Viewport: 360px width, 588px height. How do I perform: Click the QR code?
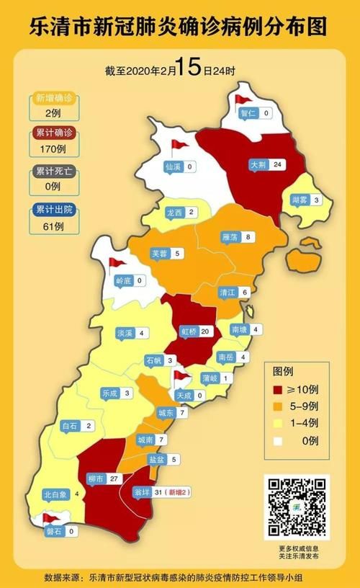[x=296, y=507]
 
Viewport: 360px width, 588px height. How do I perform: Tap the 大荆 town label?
[x=258, y=165]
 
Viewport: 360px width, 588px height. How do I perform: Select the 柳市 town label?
[x=95, y=478]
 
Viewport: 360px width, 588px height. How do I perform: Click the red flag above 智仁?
[x=240, y=99]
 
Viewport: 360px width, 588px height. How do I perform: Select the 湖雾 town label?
[x=301, y=200]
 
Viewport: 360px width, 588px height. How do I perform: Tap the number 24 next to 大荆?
[x=278, y=165]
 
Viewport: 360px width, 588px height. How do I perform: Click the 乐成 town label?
[x=109, y=393]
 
